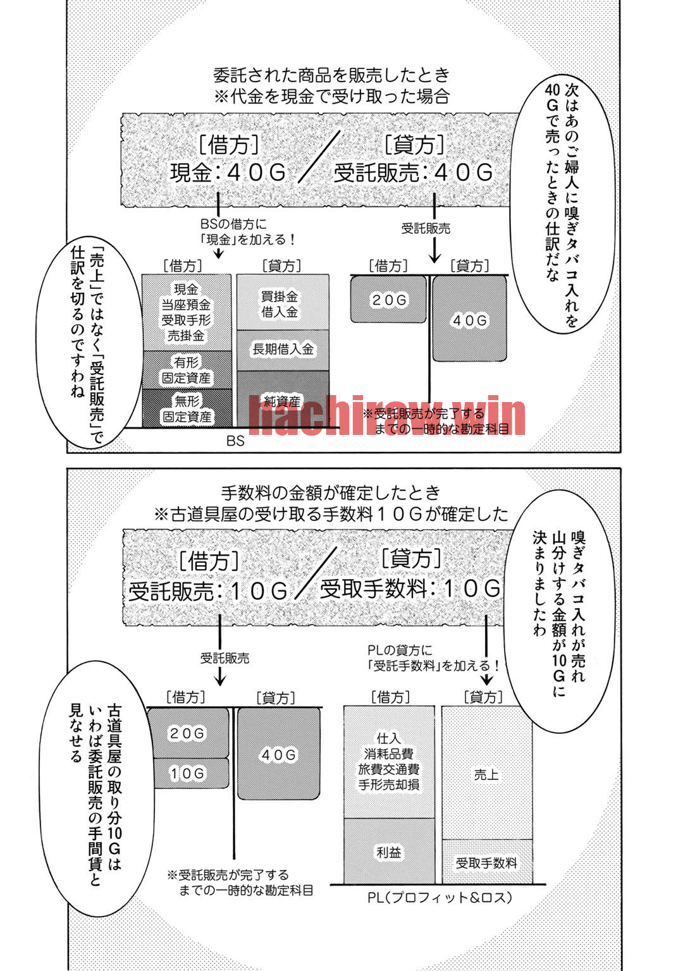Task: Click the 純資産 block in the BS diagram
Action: click(x=282, y=399)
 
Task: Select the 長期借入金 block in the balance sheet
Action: click(x=282, y=350)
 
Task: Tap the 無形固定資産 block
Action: click(x=187, y=408)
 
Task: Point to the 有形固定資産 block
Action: click(x=187, y=370)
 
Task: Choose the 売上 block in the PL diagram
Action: click(x=486, y=773)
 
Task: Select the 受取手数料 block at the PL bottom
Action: click(x=486, y=862)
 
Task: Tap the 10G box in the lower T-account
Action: click(x=187, y=773)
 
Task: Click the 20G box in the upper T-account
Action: click(x=388, y=300)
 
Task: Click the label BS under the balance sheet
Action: click(x=235, y=441)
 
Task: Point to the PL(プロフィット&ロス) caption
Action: click(x=440, y=897)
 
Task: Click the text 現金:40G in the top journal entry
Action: click(x=228, y=173)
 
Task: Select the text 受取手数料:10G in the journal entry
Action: click(x=410, y=589)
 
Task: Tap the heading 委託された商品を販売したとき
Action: click(x=332, y=75)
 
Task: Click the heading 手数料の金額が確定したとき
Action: click(x=331, y=493)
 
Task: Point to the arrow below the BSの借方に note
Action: click(x=219, y=253)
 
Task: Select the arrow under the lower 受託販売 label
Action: click(x=220, y=676)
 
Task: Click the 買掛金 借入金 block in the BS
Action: click(x=282, y=302)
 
